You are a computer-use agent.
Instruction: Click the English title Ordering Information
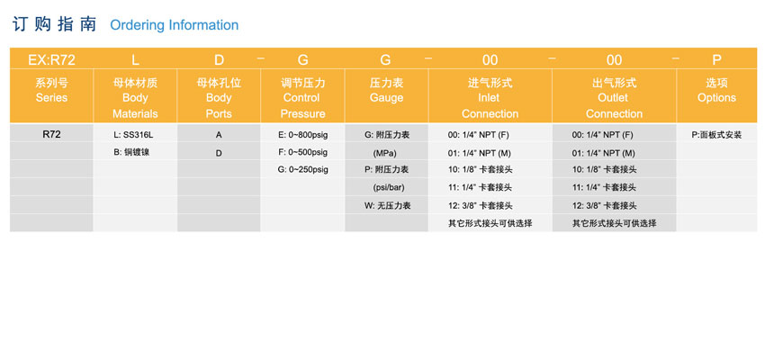coord(175,25)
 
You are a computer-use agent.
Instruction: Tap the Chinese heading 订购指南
coord(54,24)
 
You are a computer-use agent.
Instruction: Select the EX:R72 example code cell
coord(51,60)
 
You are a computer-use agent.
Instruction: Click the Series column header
coord(51,90)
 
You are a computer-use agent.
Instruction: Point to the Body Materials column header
coord(135,98)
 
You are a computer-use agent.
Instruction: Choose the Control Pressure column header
coord(303,98)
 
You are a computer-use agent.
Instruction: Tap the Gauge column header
coord(386,90)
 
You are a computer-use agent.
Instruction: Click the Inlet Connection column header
coord(490,98)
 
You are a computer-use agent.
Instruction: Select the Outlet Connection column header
coord(614,98)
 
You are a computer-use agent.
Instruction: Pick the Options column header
coord(716,90)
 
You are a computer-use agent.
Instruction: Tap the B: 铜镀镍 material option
coord(131,152)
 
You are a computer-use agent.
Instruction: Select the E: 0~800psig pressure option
coord(303,135)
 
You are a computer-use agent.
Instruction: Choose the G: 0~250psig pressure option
coord(303,170)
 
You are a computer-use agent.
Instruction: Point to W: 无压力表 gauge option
coord(387,205)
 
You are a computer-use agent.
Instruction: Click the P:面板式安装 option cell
coord(716,135)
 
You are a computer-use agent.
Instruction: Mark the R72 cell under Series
coord(51,135)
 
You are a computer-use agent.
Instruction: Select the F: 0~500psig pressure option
coord(303,152)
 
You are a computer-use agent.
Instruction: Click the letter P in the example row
coord(716,60)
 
